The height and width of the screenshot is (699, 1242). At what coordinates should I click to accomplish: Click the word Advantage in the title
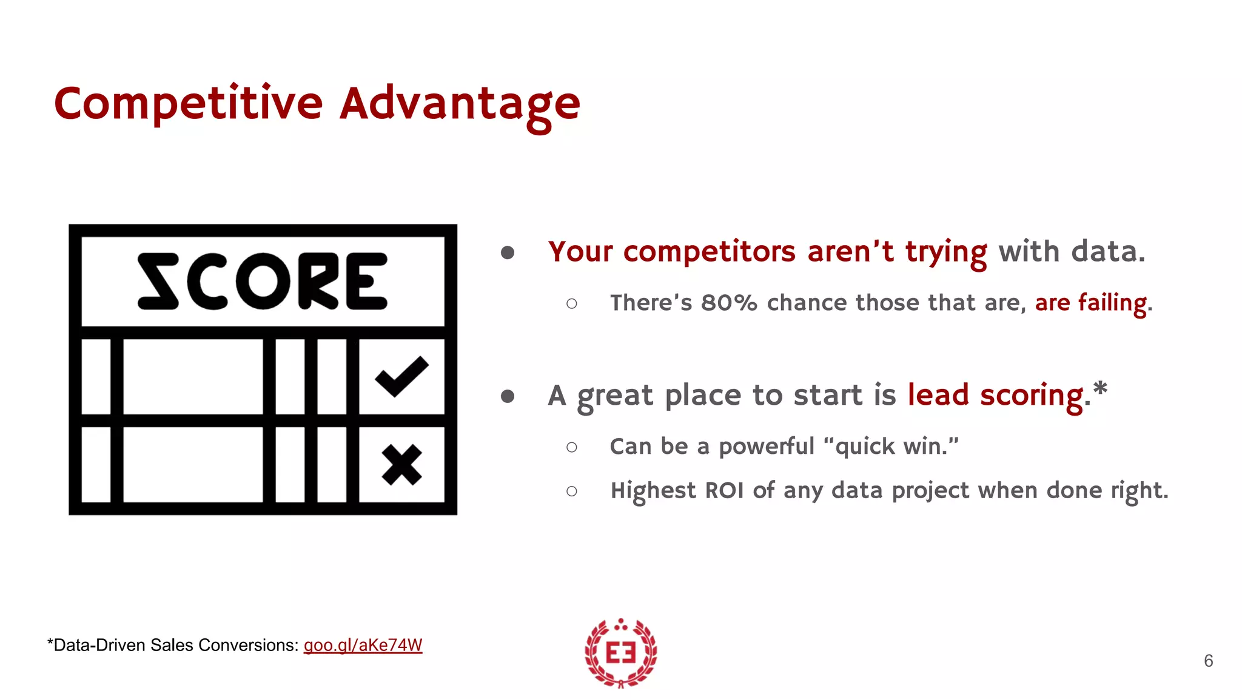[x=459, y=104]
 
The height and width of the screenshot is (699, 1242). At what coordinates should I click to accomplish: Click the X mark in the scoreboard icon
[x=401, y=465]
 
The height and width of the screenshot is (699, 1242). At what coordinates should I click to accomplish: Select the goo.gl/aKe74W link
[x=363, y=645]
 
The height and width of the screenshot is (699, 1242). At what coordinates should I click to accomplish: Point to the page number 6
[x=1208, y=661]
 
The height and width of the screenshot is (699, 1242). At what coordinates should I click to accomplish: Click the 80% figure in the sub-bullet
[x=729, y=303]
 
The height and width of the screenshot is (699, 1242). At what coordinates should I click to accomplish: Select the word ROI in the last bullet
[x=724, y=490]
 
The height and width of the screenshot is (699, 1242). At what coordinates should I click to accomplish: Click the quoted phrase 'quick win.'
[x=891, y=447]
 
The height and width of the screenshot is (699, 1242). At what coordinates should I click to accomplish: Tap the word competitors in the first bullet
[x=709, y=252]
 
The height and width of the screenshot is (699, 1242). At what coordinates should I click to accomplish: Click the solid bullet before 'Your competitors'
[x=508, y=252]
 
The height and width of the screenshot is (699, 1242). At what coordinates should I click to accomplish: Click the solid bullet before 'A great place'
[x=508, y=396]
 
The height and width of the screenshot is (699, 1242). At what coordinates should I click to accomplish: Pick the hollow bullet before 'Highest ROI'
[x=571, y=491]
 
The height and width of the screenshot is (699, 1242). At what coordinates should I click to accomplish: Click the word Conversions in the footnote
[x=249, y=645]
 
